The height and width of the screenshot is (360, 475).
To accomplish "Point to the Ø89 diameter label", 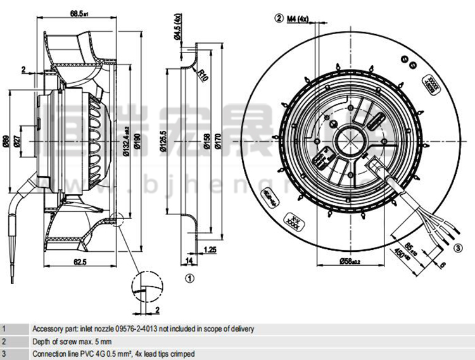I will point(6,142).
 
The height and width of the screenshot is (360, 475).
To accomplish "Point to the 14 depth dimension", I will point(188,260).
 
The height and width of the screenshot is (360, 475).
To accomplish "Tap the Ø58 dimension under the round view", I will point(350,261).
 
